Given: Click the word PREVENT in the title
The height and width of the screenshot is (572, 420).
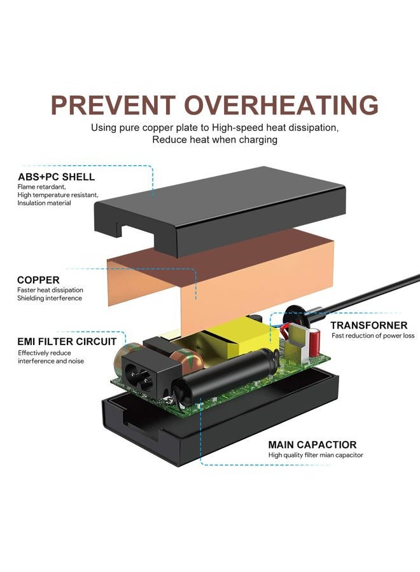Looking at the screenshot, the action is coord(113,105).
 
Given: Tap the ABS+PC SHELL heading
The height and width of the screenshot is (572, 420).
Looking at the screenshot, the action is coord(56,177).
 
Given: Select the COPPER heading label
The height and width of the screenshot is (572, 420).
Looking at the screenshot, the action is coord(38,280).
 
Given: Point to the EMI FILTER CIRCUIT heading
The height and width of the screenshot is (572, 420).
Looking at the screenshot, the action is coord(67,342).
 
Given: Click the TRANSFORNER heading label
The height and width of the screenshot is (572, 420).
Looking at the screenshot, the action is coord(369,325).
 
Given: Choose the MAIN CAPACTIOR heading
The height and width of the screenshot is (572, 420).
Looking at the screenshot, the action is coord(312,445).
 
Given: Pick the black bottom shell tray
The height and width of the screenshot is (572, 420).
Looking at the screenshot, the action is coord(219,419).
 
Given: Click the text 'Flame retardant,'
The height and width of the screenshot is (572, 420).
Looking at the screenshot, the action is coord(41,187).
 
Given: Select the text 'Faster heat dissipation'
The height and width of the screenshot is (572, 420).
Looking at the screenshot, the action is coord(50,290).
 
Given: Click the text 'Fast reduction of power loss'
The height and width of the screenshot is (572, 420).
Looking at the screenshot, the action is coord(373,336).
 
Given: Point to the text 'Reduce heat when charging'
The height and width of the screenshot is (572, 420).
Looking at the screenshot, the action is coord(214,140).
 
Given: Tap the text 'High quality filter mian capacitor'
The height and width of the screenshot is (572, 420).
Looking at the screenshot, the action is coord(316,455).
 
